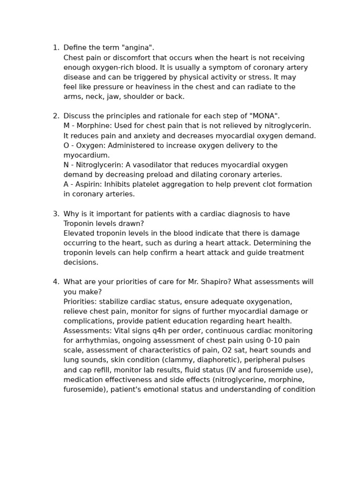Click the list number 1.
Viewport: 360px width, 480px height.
55,48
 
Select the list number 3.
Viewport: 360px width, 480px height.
55,214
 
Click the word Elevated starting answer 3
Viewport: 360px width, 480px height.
79,233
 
